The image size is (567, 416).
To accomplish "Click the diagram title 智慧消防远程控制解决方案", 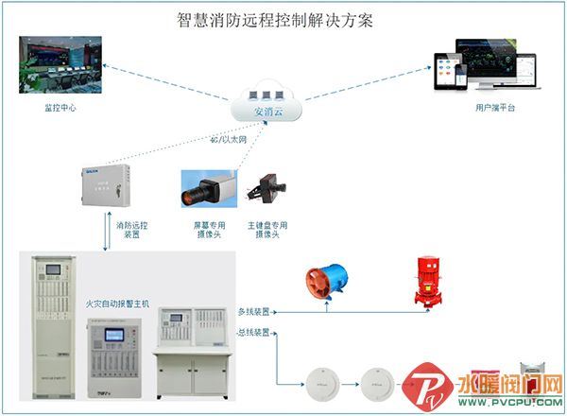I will point(276,20).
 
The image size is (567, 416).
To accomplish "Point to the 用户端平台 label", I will point(495,109).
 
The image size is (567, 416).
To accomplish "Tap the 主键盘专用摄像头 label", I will point(267,230).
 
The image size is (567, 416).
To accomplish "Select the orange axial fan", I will point(325,281).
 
